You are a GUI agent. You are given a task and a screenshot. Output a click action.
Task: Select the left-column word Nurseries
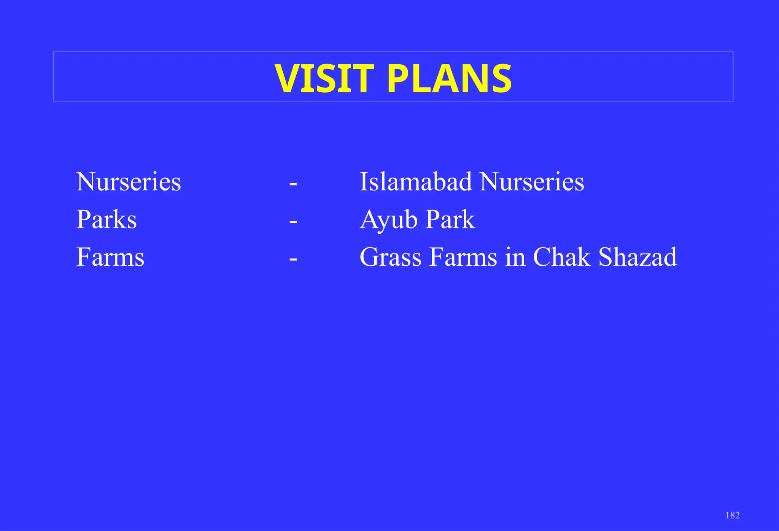129,182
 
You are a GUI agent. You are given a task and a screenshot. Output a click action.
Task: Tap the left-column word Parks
107,220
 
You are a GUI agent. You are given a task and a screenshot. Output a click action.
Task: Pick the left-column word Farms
110,257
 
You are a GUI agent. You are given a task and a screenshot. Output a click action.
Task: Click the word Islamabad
416,182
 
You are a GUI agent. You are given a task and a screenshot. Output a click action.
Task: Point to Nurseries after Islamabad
532,182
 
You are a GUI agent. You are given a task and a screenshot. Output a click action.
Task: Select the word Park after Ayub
450,220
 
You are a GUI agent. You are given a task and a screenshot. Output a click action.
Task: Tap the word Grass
391,257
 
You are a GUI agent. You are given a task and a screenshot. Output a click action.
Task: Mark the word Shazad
638,257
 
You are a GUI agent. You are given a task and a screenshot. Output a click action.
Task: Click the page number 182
733,515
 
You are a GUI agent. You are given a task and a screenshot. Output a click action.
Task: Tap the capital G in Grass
369,257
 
